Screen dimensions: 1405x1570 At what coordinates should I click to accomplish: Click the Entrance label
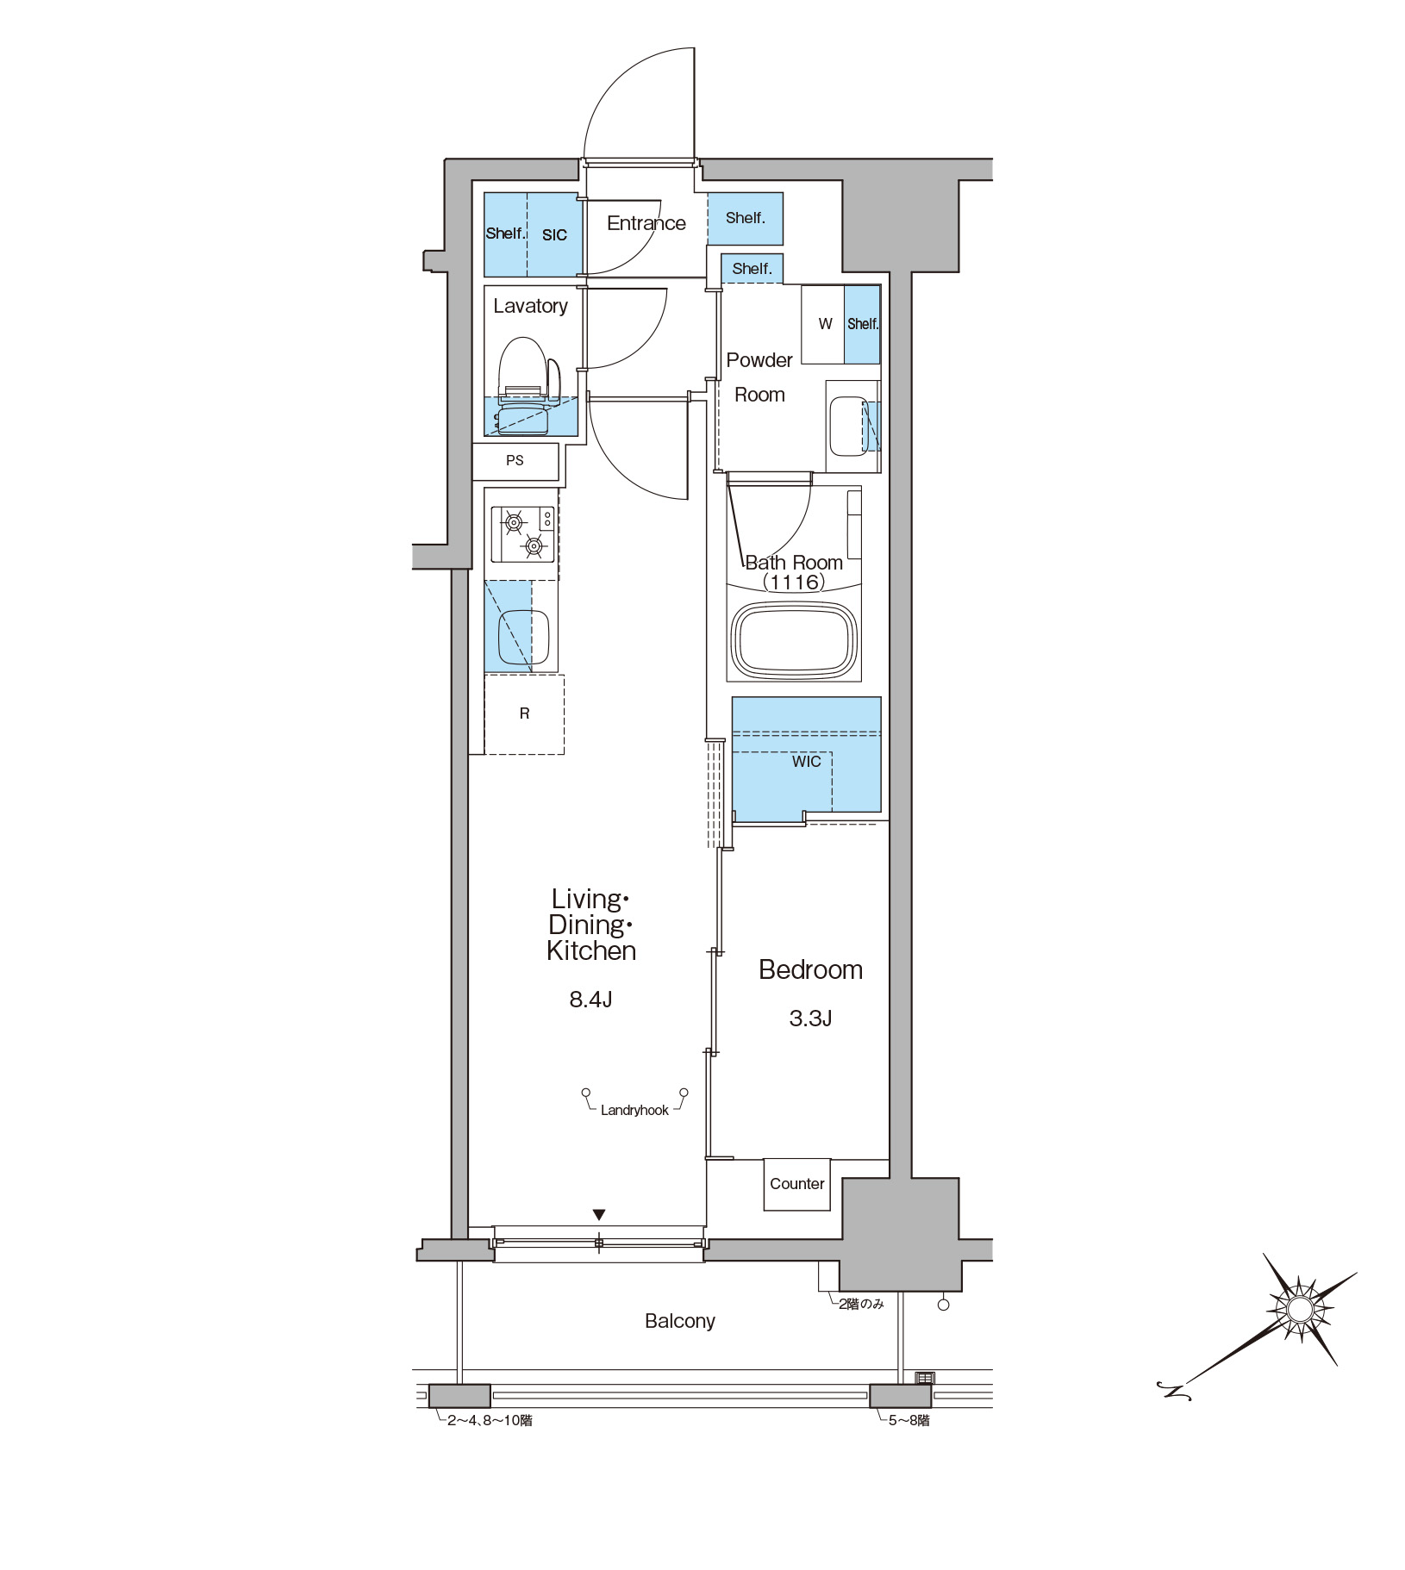pyautogui.click(x=646, y=223)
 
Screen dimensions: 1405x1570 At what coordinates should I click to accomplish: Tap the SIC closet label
pyautogui.click(x=554, y=234)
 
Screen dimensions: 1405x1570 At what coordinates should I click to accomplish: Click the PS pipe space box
pyautogui.click(x=515, y=461)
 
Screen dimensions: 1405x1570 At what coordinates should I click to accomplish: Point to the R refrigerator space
pyautogui.click(x=524, y=714)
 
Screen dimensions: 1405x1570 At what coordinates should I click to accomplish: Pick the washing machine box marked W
pyautogui.click(x=823, y=324)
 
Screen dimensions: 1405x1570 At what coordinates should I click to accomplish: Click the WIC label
pyautogui.click(x=807, y=762)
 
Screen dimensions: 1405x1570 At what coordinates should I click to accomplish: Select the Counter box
pyautogui.click(x=797, y=1184)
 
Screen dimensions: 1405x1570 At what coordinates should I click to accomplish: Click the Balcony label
pyautogui.click(x=680, y=1321)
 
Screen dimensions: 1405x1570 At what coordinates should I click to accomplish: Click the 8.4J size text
pyautogui.click(x=590, y=1000)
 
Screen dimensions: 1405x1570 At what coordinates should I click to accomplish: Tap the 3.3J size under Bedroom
pyautogui.click(x=810, y=1019)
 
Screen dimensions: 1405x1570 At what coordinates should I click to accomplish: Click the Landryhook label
pyautogui.click(x=634, y=1111)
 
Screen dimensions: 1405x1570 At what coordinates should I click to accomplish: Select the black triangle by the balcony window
pyautogui.click(x=599, y=1215)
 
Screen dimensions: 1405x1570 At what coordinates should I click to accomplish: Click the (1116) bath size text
pyautogui.click(x=794, y=583)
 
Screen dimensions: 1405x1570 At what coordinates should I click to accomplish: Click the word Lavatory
pyautogui.click(x=530, y=306)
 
